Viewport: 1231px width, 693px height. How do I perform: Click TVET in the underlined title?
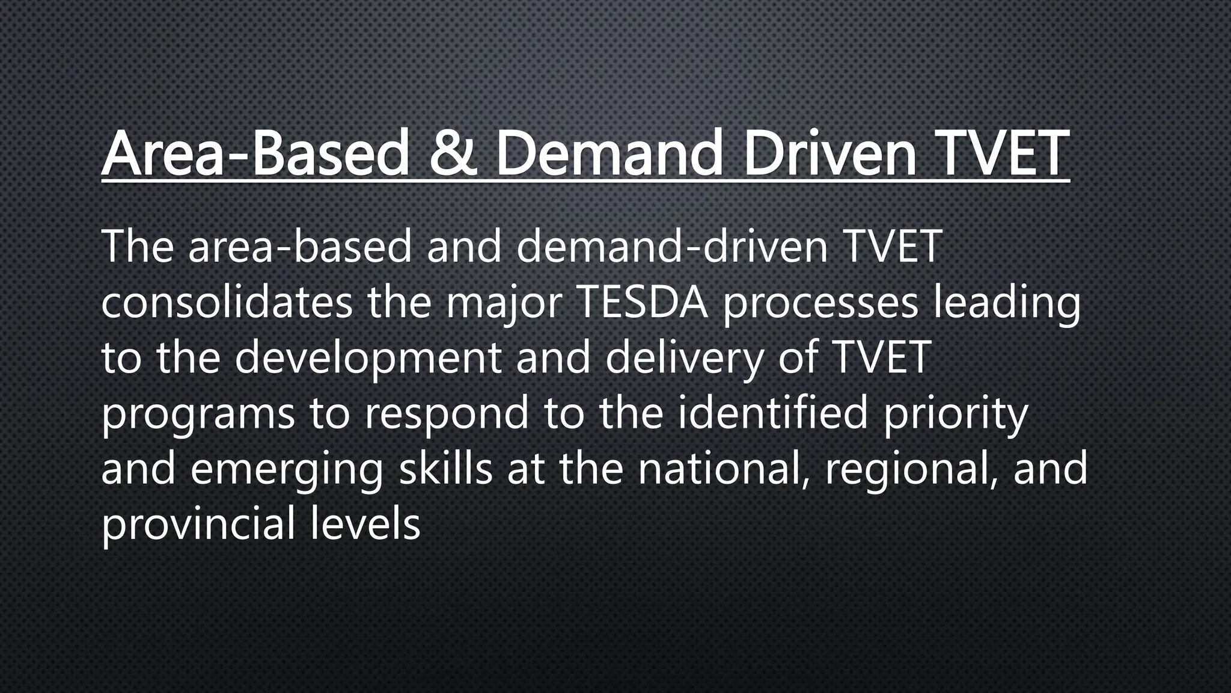tap(1003, 153)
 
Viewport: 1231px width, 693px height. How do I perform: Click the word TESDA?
tap(641, 303)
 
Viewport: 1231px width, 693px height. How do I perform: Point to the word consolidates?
tap(227, 303)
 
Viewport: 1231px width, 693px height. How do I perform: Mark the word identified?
tap(773, 413)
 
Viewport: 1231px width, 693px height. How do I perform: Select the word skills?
tap(446, 469)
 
